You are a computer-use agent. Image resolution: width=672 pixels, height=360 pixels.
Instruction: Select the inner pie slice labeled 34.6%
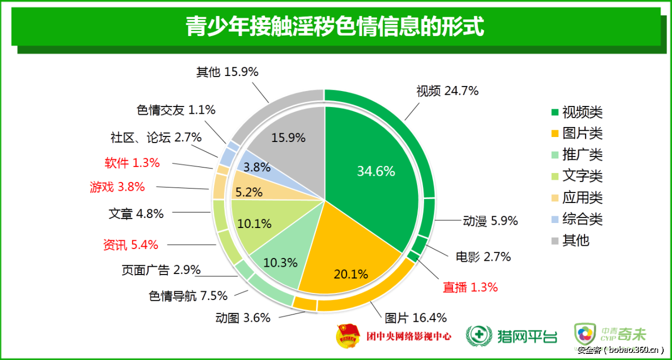[376, 171]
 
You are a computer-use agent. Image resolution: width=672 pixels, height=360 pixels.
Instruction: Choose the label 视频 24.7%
[447, 91]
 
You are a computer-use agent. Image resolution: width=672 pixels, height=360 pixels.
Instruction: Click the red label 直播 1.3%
[470, 287]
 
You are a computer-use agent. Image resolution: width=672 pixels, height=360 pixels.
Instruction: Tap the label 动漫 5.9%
[490, 221]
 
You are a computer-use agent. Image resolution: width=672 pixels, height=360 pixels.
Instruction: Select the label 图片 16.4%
[416, 318]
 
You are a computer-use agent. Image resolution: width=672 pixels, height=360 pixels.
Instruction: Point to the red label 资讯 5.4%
[131, 245]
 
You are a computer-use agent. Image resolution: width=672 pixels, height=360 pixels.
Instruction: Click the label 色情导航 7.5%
[189, 296]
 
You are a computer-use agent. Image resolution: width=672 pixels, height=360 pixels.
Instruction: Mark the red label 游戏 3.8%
[118, 187]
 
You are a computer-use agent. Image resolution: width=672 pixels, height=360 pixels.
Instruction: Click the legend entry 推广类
[582, 154]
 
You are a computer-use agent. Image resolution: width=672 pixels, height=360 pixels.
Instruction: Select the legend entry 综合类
[582, 219]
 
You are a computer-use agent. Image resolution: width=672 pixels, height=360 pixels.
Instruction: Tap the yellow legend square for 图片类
[554, 134]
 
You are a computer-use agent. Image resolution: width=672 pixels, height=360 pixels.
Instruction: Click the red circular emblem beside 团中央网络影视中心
[349, 336]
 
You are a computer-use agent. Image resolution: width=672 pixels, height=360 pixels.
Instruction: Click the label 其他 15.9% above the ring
[227, 72]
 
